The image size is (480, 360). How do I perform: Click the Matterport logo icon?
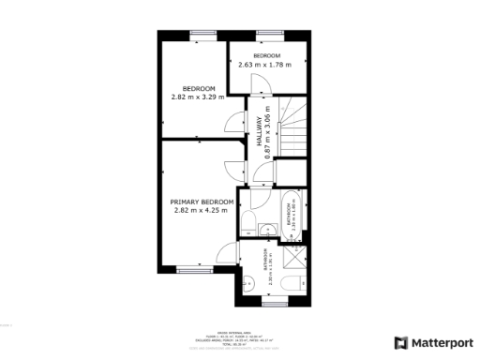tap(400, 343)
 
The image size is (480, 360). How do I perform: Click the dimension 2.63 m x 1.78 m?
tap(265, 65)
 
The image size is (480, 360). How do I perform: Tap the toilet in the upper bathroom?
tap(249, 223)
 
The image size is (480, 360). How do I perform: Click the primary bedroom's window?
tap(190, 269)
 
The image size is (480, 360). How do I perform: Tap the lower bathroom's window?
tap(274, 304)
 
